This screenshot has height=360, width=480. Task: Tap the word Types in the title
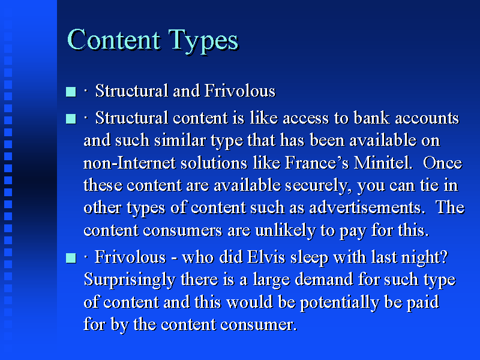pos(203,41)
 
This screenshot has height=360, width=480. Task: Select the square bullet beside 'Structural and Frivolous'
pos(71,92)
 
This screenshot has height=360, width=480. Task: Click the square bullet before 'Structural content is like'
pos(71,118)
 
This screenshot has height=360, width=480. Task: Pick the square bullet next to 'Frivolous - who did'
pos(71,258)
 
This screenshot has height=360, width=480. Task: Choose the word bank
pos(371,118)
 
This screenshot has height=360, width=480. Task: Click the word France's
pos(317,163)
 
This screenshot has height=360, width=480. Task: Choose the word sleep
pos(309,258)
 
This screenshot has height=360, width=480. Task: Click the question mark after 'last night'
pos(445,257)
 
